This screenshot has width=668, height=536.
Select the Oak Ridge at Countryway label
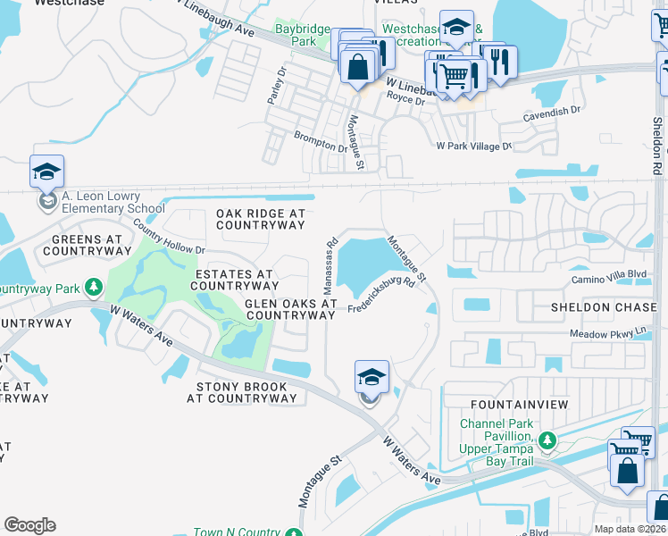(261, 220)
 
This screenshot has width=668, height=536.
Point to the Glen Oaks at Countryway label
(278, 309)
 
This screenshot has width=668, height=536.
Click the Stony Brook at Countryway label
(241, 392)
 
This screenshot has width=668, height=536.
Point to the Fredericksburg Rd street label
(381, 294)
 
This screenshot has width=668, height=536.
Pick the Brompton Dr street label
(320, 141)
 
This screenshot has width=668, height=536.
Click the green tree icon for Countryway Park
(94, 288)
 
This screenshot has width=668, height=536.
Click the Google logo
(29, 525)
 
